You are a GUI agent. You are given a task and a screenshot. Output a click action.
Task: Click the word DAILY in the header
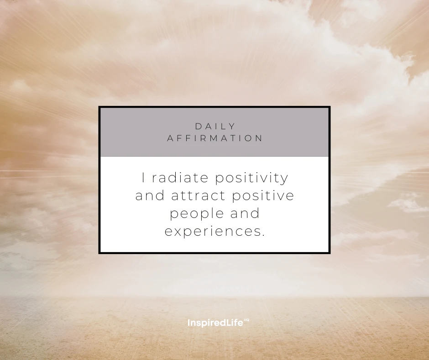[x=215, y=126]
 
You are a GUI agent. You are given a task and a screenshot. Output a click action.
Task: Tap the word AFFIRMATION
[x=215, y=138]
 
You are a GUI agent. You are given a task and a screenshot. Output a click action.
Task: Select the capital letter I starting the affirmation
[x=144, y=178]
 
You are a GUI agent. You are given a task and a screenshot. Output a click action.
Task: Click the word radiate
[x=180, y=178]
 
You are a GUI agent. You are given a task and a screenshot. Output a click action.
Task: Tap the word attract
[x=198, y=196]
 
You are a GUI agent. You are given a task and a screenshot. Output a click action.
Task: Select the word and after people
[x=245, y=213]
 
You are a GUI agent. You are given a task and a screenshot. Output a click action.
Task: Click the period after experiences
[x=263, y=235]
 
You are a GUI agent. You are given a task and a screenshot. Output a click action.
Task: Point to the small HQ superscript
[x=246, y=320]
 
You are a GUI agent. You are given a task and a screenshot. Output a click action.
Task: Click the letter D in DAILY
[x=199, y=126]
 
